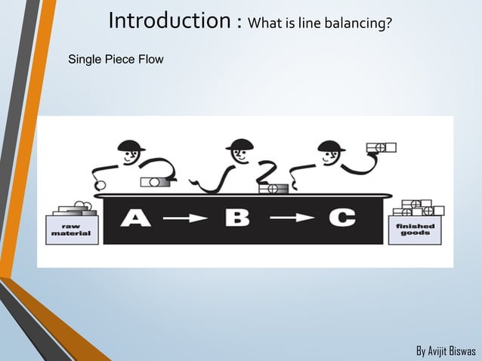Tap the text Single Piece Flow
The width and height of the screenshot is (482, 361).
(x=116, y=58)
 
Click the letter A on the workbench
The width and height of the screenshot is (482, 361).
(x=135, y=219)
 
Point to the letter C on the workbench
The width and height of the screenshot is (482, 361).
(x=341, y=219)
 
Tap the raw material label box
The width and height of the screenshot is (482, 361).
(x=71, y=230)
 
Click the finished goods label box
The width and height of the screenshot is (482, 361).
(x=415, y=230)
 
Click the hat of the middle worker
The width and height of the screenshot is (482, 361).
(x=239, y=144)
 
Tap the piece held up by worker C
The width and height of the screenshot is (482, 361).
(x=381, y=147)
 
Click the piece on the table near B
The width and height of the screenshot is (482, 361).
(x=273, y=188)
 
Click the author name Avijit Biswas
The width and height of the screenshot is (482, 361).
(x=446, y=351)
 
